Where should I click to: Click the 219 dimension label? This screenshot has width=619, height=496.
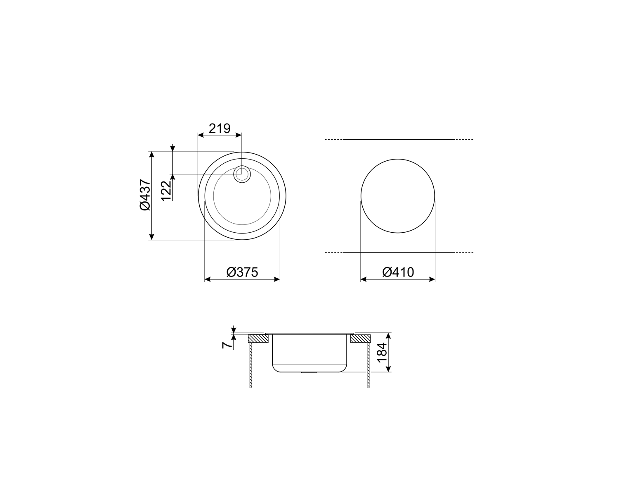[x=219, y=129]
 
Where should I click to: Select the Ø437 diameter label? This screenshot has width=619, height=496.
[x=145, y=195]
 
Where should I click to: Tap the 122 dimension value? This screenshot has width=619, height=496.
[x=166, y=191]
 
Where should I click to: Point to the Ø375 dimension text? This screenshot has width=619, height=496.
[x=242, y=272]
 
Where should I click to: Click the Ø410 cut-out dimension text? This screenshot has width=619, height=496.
[x=398, y=272]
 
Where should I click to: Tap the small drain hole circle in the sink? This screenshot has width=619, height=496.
[x=242, y=174]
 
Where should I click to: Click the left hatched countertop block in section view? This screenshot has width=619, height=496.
[x=259, y=339]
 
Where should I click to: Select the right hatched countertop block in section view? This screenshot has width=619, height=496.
[x=360, y=339]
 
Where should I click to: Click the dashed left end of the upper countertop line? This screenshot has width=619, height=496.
[x=333, y=140]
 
